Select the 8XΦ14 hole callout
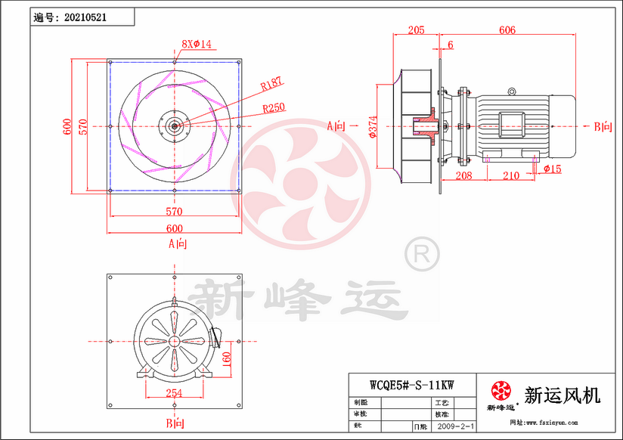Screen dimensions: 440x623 coord(197,45)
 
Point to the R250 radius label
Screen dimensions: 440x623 coord(274,107)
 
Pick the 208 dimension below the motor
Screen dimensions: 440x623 coord(464,175)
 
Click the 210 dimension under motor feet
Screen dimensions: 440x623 coord(511,175)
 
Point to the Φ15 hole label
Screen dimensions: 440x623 coord(553,169)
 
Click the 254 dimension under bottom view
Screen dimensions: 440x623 coord(174,393)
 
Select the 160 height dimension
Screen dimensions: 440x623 coord(226,356)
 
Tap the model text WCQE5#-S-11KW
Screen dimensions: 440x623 coord(411,383)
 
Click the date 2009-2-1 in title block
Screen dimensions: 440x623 coord(456,427)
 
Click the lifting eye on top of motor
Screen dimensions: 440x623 coord(512,92)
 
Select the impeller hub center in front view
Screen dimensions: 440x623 coord(175,126)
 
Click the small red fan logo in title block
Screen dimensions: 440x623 coord(501,391)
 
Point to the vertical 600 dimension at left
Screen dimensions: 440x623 coord(67,126)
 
